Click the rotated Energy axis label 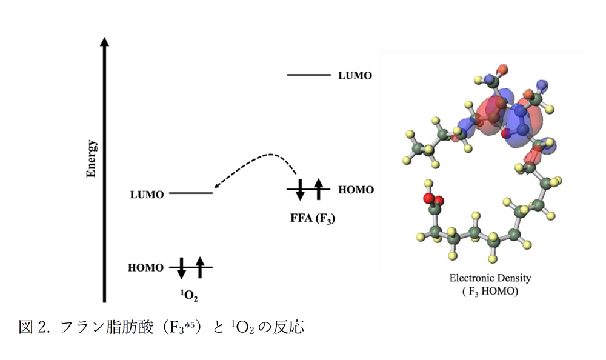point(92,159)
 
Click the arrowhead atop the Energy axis point(104,42)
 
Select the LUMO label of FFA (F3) point(355,75)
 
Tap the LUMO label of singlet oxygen point(147,195)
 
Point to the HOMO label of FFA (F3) point(356,190)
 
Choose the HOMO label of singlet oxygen point(145,268)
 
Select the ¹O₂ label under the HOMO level point(189,296)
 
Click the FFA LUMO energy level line point(309,75)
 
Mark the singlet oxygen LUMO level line point(191,193)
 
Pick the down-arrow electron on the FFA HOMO point(300,190)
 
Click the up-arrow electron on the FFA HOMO point(319,189)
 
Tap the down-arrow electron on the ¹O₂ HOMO point(182,268)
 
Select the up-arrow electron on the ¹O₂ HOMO point(200,267)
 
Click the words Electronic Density point(490,278)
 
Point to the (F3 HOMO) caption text point(490,291)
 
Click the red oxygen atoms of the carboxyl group point(433,199)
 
